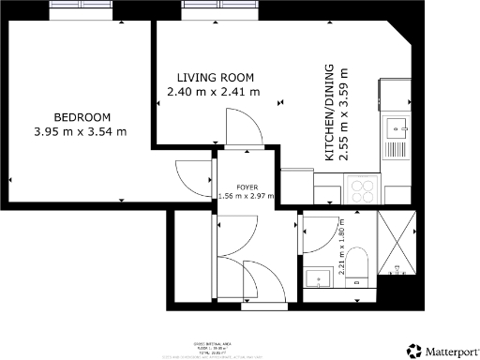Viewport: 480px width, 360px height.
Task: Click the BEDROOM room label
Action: (82, 117)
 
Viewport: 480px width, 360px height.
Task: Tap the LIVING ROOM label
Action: (217, 78)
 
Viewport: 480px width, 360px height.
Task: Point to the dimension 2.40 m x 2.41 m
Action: (213, 92)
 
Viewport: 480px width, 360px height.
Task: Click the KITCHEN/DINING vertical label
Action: (329, 113)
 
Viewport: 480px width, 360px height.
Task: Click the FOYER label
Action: (247, 187)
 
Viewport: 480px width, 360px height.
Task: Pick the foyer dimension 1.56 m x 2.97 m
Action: (247, 196)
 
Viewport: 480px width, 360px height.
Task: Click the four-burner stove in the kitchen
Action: (362, 189)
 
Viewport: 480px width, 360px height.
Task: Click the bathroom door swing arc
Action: (315, 235)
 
